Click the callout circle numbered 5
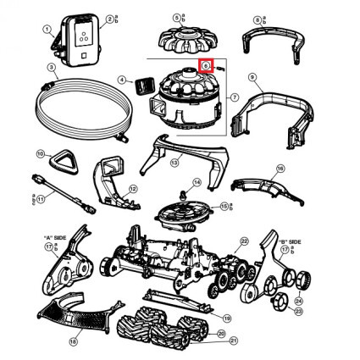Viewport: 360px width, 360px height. pos(176,16)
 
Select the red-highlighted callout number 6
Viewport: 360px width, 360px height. pos(206,66)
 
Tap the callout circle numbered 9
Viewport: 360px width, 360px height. pos(252,78)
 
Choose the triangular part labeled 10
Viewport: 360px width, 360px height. pos(62,160)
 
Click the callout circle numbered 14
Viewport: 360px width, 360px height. pos(196,182)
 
